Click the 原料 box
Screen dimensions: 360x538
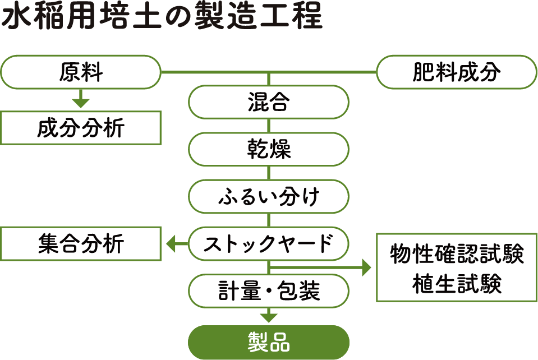81,72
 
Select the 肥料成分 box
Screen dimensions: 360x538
456,72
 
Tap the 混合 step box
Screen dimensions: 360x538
268,102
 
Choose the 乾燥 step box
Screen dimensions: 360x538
268,149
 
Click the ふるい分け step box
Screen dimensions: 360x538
268,196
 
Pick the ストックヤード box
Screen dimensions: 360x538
268,243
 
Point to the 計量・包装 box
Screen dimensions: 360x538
268,291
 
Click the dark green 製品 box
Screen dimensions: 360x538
268,342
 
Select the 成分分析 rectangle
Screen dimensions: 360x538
81,128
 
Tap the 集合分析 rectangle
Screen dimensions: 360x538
81,243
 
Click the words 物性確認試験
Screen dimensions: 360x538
456,255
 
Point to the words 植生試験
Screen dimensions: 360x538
456,284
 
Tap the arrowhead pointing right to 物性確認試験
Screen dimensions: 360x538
366,268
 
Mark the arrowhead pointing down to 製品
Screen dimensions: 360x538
269,317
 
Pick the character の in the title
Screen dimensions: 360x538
177,18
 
